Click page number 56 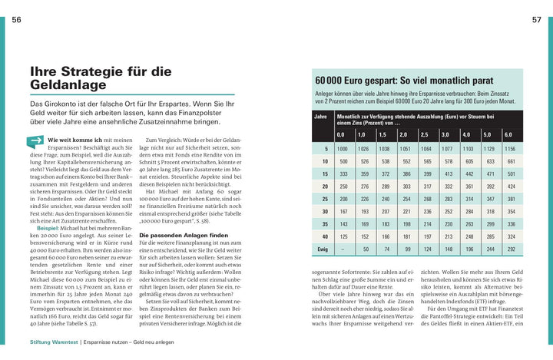click(x=17, y=20)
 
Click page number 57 click(x=536, y=20)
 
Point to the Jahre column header click(x=321, y=117)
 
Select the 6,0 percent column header click(x=508, y=134)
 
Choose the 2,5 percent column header click(x=426, y=134)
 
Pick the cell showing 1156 click(x=508, y=149)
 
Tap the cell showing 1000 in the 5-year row click(x=343, y=149)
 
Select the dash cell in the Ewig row click(x=343, y=249)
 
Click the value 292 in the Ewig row click(x=508, y=249)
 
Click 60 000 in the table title click(x=333, y=80)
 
